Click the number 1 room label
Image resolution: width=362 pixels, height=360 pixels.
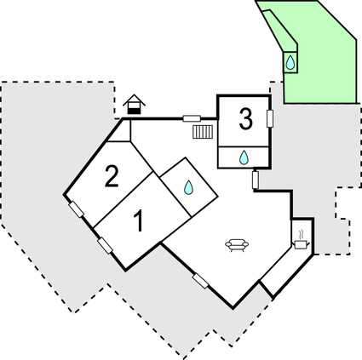point(139,220)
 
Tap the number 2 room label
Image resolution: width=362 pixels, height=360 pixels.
point(112,176)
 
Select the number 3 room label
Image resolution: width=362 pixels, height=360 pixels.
point(246,119)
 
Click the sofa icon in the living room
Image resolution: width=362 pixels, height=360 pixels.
point(237,245)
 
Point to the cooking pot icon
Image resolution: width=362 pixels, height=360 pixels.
point(302,244)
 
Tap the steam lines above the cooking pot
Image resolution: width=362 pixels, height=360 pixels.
point(302,235)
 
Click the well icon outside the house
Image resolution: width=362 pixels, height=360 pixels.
point(134,105)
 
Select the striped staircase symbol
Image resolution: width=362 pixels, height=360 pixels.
point(203,132)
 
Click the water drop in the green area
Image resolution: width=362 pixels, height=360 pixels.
point(290,62)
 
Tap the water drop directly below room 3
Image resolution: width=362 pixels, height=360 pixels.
point(244,157)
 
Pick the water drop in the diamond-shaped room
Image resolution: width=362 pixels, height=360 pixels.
point(188,187)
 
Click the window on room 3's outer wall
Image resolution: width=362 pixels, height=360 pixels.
point(270,118)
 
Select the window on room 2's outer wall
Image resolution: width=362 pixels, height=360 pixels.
point(77,209)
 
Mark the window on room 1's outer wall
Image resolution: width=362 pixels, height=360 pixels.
point(105,246)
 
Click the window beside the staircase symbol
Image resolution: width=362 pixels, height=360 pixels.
point(192,118)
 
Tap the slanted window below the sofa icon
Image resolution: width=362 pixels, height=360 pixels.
point(200,281)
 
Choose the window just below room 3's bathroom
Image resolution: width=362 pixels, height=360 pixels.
point(256,180)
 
